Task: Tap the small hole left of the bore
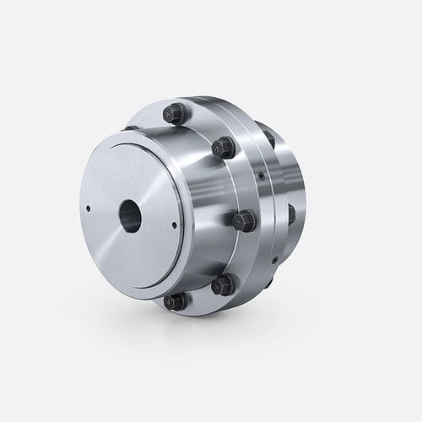click(x=89, y=203)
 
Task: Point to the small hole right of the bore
click(x=173, y=224)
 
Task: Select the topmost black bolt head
click(x=174, y=112)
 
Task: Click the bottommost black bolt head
click(x=175, y=300)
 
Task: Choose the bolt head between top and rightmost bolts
click(x=223, y=148)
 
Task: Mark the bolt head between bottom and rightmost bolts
click(x=224, y=284)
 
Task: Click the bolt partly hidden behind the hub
click(x=133, y=128)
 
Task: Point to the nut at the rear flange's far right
click(x=292, y=215)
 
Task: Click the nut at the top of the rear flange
click(x=268, y=135)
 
